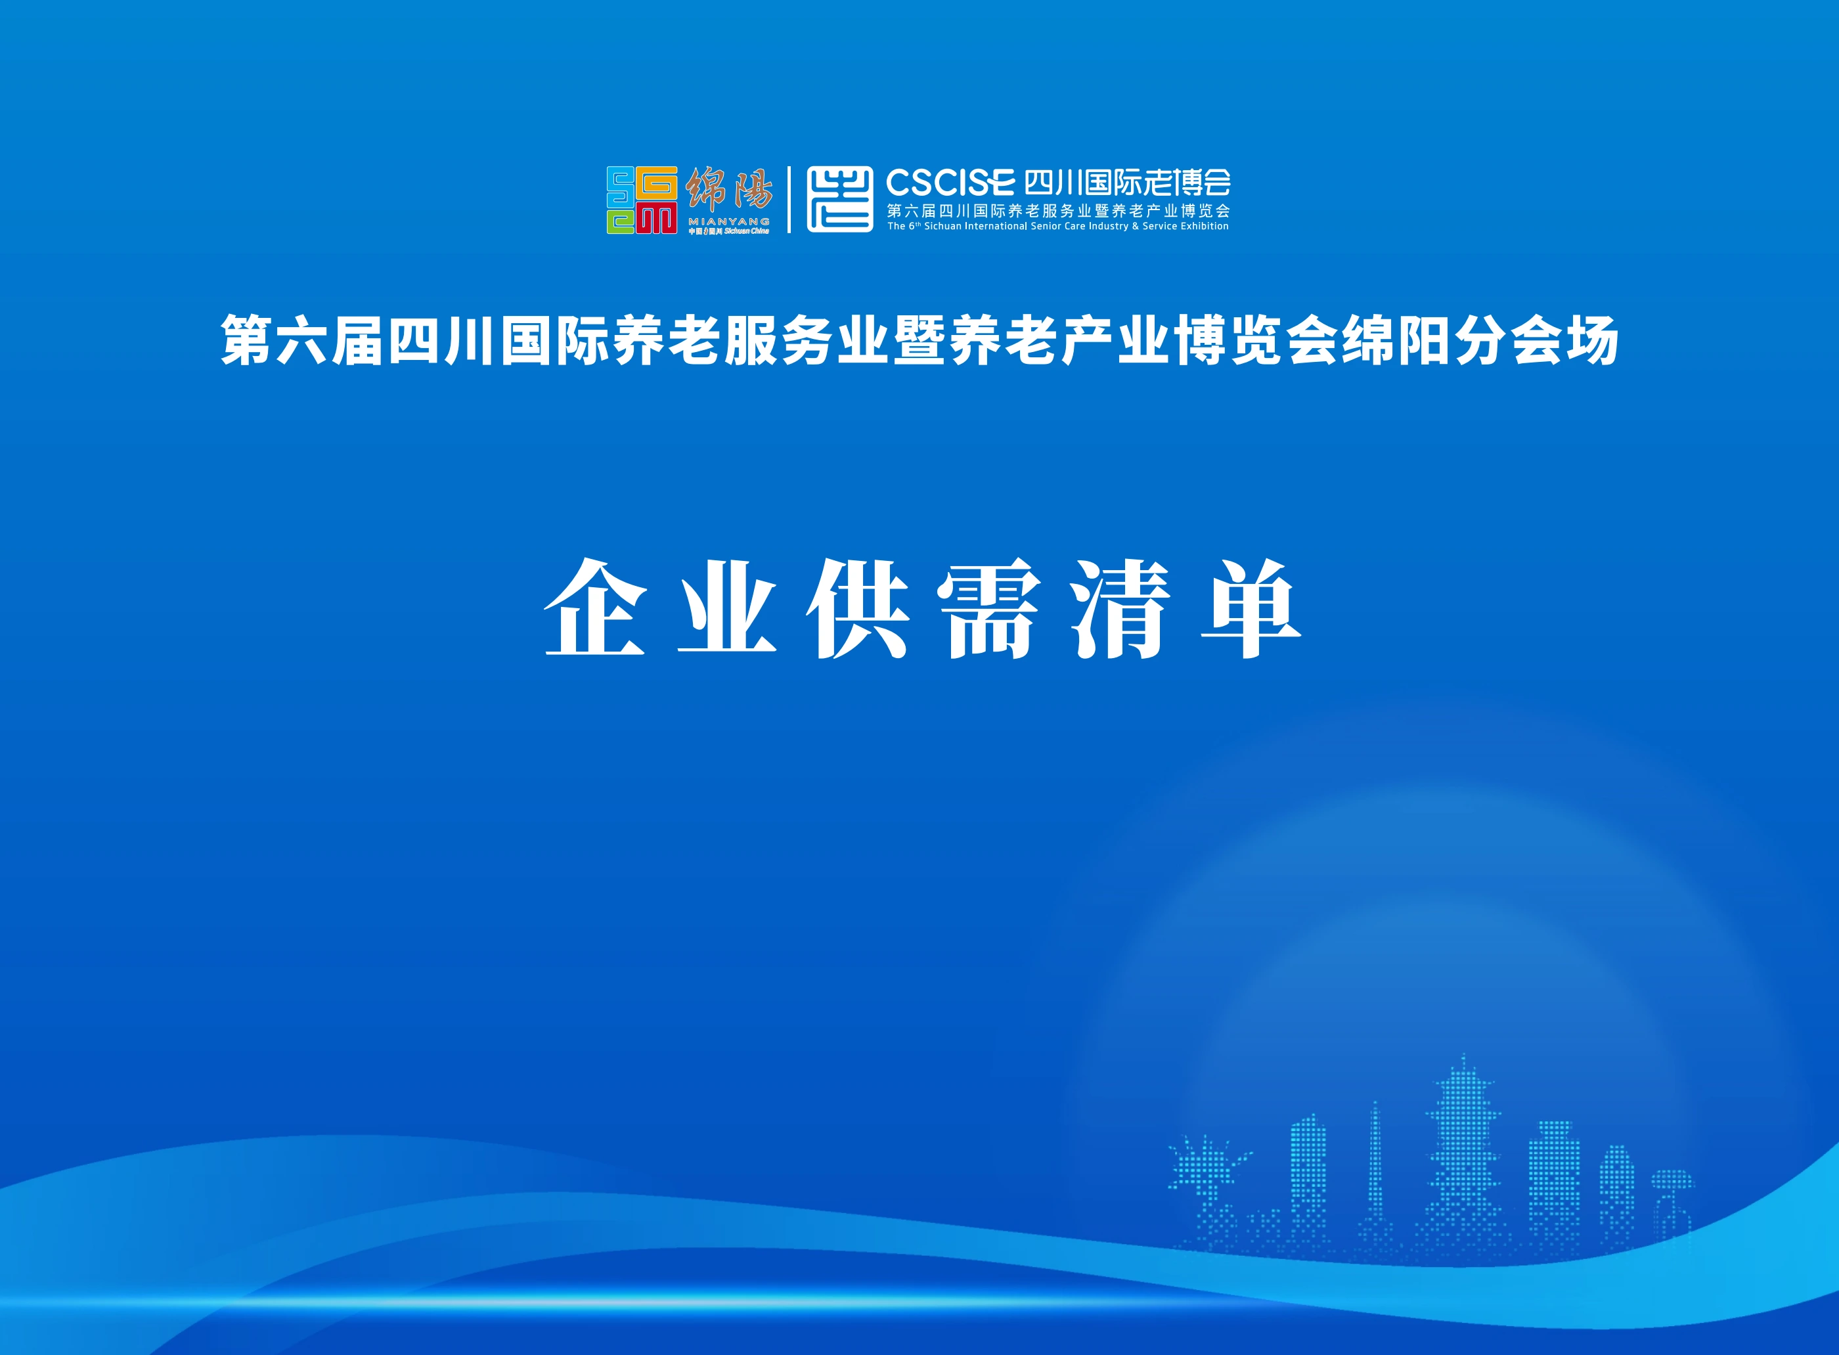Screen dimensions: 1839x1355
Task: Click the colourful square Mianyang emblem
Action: click(642, 200)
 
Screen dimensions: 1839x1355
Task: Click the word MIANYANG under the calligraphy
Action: click(728, 221)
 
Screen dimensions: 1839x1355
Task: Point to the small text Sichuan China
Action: click(746, 231)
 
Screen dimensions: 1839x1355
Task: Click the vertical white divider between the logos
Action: click(789, 200)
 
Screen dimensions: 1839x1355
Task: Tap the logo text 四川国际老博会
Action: click(1128, 182)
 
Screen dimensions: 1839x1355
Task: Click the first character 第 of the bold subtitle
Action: click(247, 340)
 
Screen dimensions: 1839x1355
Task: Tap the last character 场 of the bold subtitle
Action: click(1593, 340)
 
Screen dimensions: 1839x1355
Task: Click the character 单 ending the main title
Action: click(1250, 608)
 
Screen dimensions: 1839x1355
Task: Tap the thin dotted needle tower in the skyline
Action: click(1375, 1173)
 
